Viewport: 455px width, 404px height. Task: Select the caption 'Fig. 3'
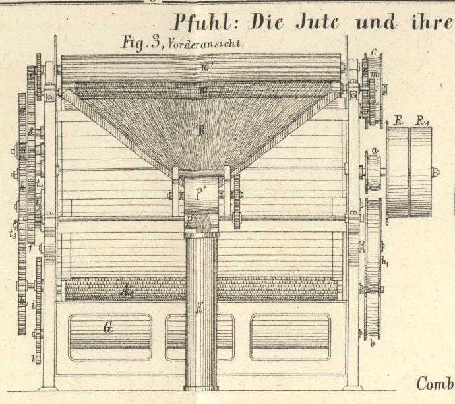pyautogui.click(x=143, y=43)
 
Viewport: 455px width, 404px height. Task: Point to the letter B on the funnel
pyautogui.click(x=202, y=130)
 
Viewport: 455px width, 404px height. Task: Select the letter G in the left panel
pyautogui.click(x=107, y=327)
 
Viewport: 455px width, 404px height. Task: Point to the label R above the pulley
pyautogui.click(x=398, y=120)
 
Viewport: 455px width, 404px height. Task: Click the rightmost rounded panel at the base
pyautogui.click(x=289, y=336)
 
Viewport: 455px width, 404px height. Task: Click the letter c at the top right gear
pyautogui.click(x=373, y=51)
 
